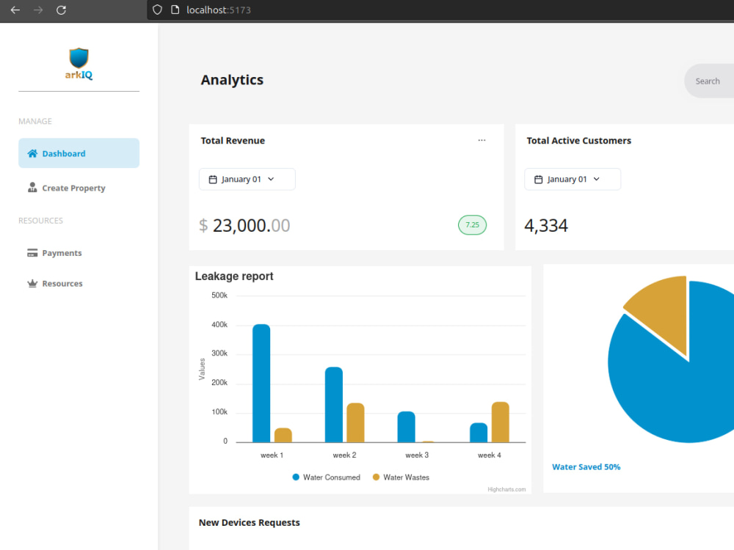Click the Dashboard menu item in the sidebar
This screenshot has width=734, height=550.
pyautogui.click(x=79, y=153)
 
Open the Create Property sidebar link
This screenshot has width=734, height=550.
pyautogui.click(x=66, y=188)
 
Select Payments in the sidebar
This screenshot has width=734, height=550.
pyautogui.click(x=54, y=253)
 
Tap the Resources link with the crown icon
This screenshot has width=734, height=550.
pyautogui.click(x=55, y=283)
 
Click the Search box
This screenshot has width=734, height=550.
pyautogui.click(x=709, y=81)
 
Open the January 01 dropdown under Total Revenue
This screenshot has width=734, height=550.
pyautogui.click(x=247, y=179)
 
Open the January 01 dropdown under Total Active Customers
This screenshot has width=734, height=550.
pyautogui.click(x=573, y=179)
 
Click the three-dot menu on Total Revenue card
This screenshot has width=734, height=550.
pyautogui.click(x=482, y=140)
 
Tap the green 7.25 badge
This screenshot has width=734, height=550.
pyautogui.click(x=472, y=225)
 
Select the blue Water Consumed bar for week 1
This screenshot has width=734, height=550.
pyautogui.click(x=261, y=383)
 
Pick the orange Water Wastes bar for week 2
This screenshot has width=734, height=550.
pyautogui.click(x=355, y=422)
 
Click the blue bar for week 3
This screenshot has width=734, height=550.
pyautogui.click(x=407, y=427)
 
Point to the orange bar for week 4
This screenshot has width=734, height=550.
pyautogui.click(x=501, y=422)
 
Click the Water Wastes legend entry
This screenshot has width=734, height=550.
pyautogui.click(x=401, y=477)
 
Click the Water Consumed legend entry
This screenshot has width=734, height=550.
pyautogui.click(x=327, y=477)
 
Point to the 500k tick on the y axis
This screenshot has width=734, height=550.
pyautogui.click(x=219, y=295)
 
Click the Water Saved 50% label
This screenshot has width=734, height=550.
pyautogui.click(x=586, y=466)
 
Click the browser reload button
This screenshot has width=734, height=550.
pyautogui.click(x=61, y=10)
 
